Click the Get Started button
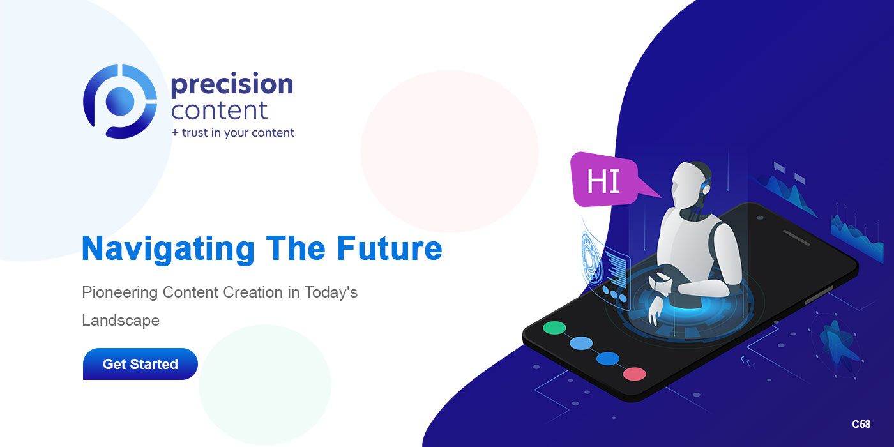140,364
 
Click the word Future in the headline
389,248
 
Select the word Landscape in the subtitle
120,320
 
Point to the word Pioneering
119,292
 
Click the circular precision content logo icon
119,101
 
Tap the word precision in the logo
231,85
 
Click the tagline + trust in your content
232,133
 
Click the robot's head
691,183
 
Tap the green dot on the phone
554,328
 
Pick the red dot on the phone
634,374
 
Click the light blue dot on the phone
581,344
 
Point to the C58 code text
861,424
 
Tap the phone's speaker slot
796,238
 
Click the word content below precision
219,110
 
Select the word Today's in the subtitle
330,292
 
